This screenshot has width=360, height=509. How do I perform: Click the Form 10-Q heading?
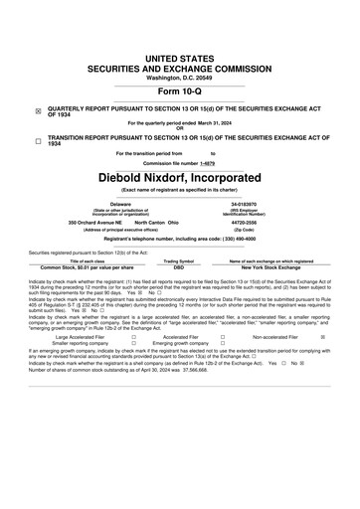pyautogui.click(x=179, y=91)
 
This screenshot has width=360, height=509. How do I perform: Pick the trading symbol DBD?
pyautogui.click(x=179, y=267)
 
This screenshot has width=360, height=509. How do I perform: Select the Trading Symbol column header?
pyautogui.click(x=179, y=260)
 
